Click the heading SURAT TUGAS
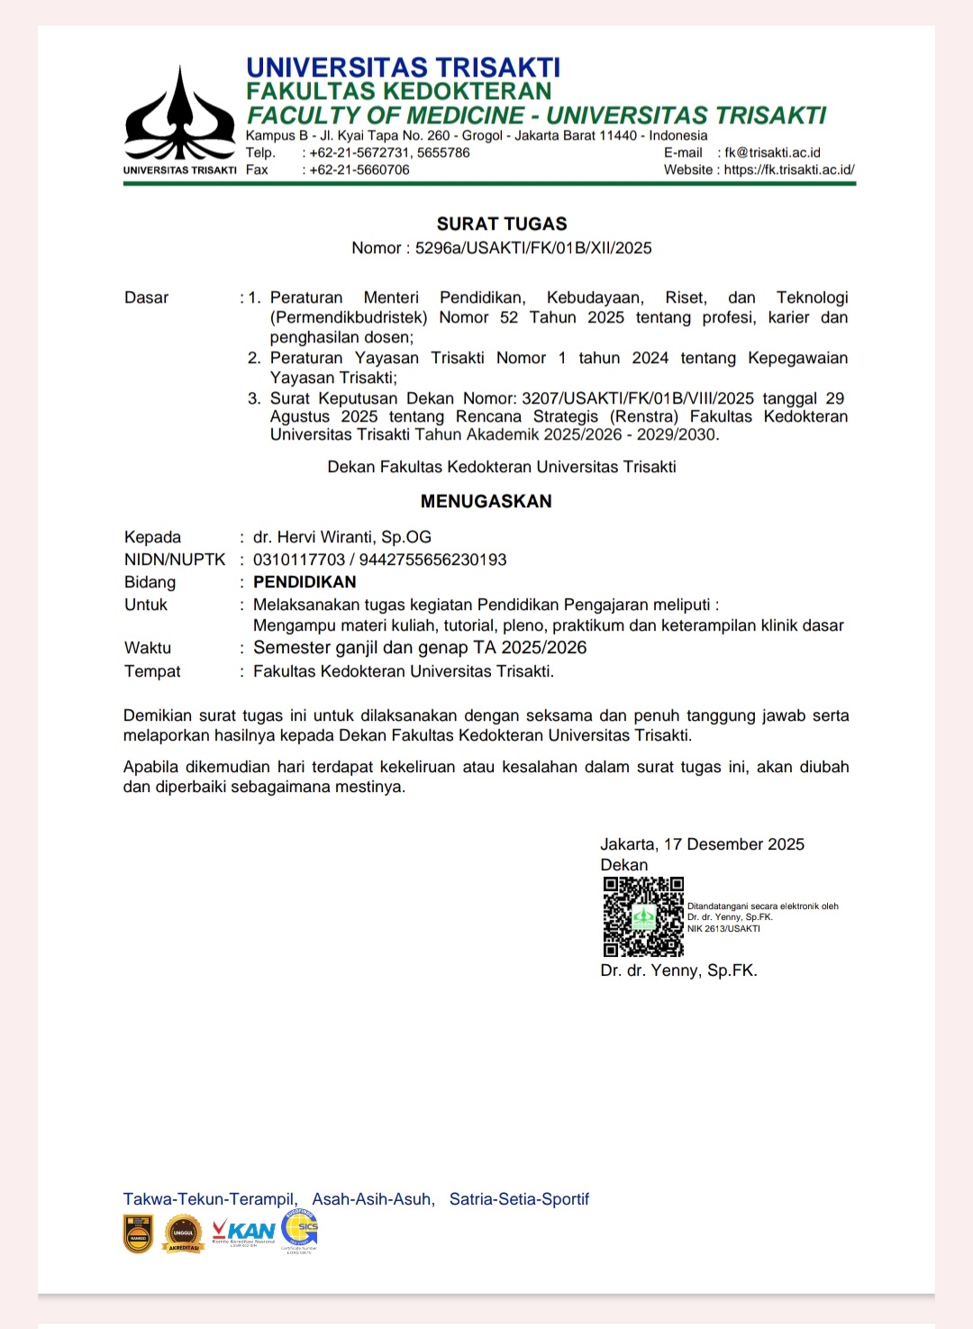pyautogui.click(x=502, y=223)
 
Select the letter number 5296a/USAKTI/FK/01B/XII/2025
pyautogui.click(x=533, y=248)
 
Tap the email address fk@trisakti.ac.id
pyautogui.click(x=772, y=152)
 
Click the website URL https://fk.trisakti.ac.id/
pyautogui.click(x=789, y=169)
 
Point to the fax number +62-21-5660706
pyautogui.click(x=359, y=169)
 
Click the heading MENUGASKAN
pyautogui.click(x=486, y=501)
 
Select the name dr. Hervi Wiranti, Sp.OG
pyautogui.click(x=342, y=537)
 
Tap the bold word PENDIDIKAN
pyautogui.click(x=305, y=582)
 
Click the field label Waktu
pyautogui.click(x=148, y=648)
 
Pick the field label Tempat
pyautogui.click(x=152, y=671)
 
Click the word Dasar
pyautogui.click(x=147, y=297)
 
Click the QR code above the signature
pyautogui.click(x=643, y=916)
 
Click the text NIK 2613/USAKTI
pyautogui.click(x=723, y=929)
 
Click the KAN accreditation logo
pyautogui.click(x=243, y=1232)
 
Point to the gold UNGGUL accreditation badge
pyautogui.click(x=183, y=1233)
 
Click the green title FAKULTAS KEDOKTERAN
pyautogui.click(x=399, y=91)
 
